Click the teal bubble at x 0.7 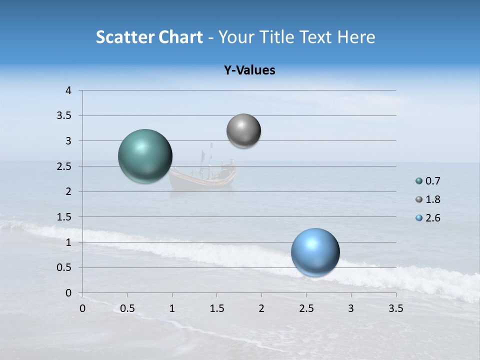[x=145, y=156]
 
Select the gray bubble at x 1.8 [x=243, y=131]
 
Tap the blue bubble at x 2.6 [x=315, y=252]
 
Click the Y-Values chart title [x=249, y=70]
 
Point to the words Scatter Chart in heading [x=149, y=37]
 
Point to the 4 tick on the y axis [x=69, y=90]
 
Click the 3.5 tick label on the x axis [x=395, y=308]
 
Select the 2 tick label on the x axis [x=261, y=308]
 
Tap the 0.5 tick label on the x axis [x=127, y=308]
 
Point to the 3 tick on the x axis [x=351, y=308]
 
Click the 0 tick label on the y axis [x=69, y=293]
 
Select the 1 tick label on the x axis [x=172, y=308]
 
